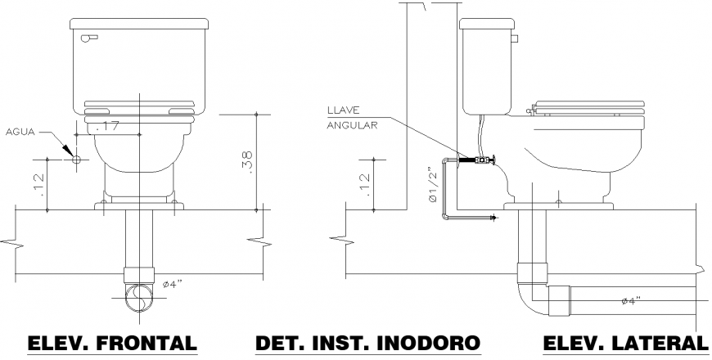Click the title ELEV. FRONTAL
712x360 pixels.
(x=113, y=343)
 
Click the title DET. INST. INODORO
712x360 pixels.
(x=367, y=343)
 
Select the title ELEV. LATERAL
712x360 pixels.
(x=624, y=343)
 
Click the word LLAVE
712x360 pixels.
(x=342, y=110)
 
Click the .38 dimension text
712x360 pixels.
(x=248, y=161)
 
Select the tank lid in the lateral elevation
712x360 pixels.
(x=488, y=24)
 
